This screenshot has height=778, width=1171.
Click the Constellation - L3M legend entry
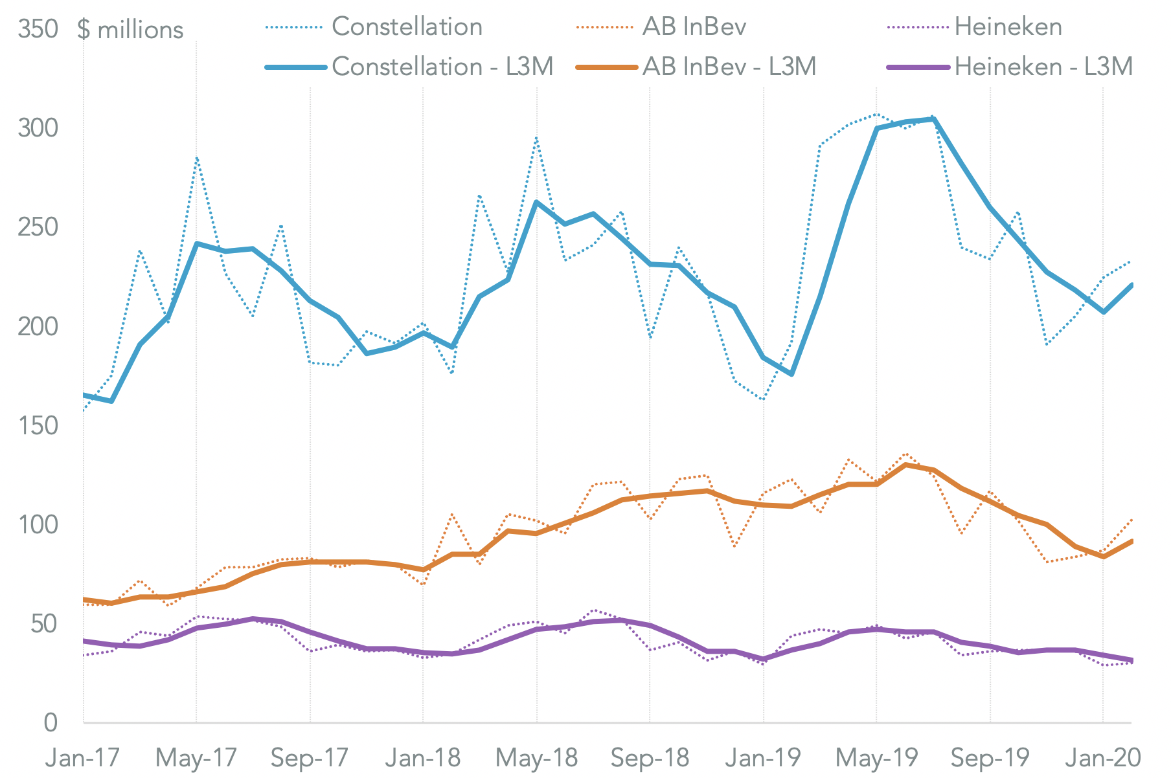[x=442, y=67]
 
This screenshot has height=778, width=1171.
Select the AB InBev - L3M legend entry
[x=729, y=67]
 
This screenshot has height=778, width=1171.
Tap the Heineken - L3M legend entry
[x=1043, y=67]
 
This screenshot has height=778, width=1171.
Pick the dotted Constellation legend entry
[x=407, y=27]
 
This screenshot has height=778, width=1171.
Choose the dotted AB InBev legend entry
[x=694, y=27]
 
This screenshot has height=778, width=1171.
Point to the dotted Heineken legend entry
[x=1008, y=27]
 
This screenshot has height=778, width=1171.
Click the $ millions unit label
[x=130, y=30]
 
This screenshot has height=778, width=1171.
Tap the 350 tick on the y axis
[x=38, y=29]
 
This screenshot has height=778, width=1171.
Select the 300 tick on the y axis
[x=38, y=128]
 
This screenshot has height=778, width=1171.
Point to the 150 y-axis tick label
[x=38, y=426]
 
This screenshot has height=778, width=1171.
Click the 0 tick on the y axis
[x=51, y=722]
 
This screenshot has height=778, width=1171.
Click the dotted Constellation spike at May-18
[x=537, y=138]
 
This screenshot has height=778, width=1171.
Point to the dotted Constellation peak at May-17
[x=196, y=157]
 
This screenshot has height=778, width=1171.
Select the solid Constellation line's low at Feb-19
[x=791, y=374]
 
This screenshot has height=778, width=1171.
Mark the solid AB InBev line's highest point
[x=905, y=465]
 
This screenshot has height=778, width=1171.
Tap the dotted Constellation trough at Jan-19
[x=764, y=399]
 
